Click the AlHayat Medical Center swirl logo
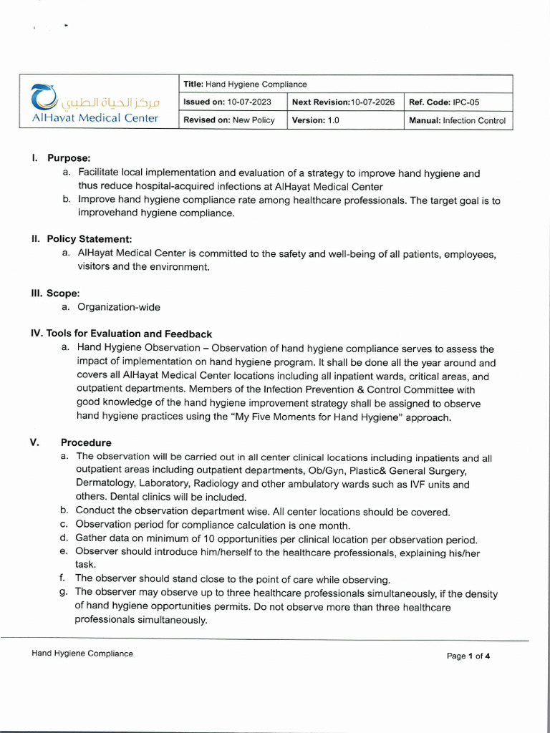tap(44, 97)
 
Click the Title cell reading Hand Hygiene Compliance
tap(245, 84)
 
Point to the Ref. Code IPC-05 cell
tap(444, 102)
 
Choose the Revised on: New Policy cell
tap(229, 120)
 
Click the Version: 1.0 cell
tap(316, 120)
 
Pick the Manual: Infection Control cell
tap(457, 120)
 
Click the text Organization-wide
tap(119, 307)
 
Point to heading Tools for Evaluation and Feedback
tap(129, 334)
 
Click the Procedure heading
tap(86, 442)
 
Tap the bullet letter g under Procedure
tap(64, 593)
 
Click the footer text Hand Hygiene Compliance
tap(82, 654)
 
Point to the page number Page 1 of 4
tap(468, 656)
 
